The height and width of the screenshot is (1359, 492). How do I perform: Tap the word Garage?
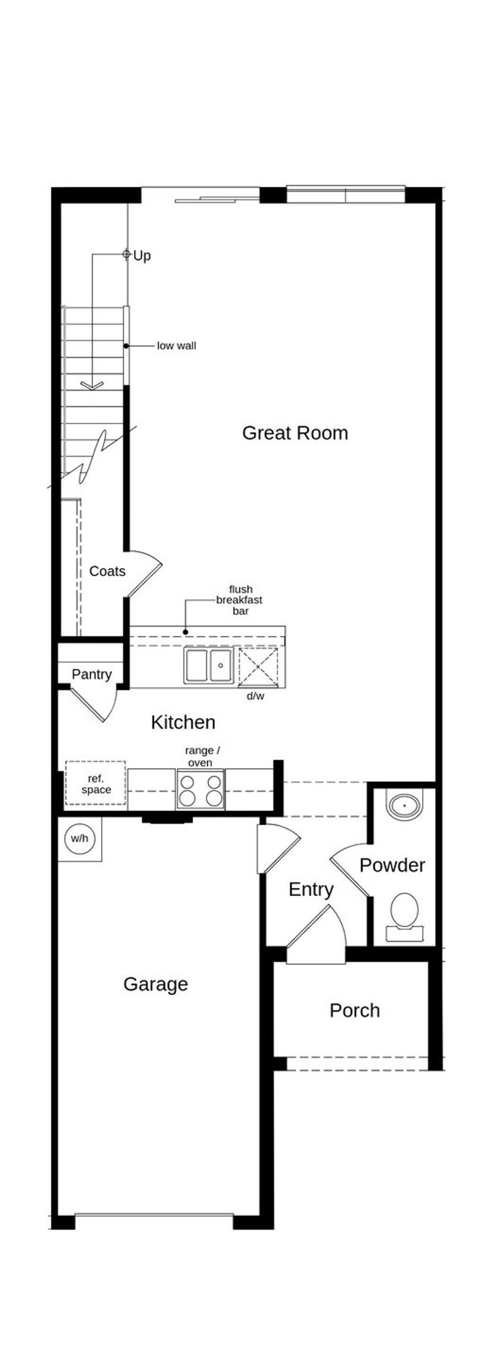155,984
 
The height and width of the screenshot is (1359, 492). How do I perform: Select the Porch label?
354,1010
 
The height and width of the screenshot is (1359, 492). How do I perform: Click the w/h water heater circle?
80,838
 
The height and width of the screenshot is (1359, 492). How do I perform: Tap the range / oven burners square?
201,790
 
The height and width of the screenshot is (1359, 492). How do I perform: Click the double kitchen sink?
208,666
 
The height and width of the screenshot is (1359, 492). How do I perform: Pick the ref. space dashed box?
96,784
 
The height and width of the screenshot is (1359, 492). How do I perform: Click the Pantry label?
91,674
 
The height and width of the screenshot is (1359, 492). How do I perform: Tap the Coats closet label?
107,571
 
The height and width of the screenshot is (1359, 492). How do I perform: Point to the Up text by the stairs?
142,256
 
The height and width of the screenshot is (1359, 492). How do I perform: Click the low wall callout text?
176,346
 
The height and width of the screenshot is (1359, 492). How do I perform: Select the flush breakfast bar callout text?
240,600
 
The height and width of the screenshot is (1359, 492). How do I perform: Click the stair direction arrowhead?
92,386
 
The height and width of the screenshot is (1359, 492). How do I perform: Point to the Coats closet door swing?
146,572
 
